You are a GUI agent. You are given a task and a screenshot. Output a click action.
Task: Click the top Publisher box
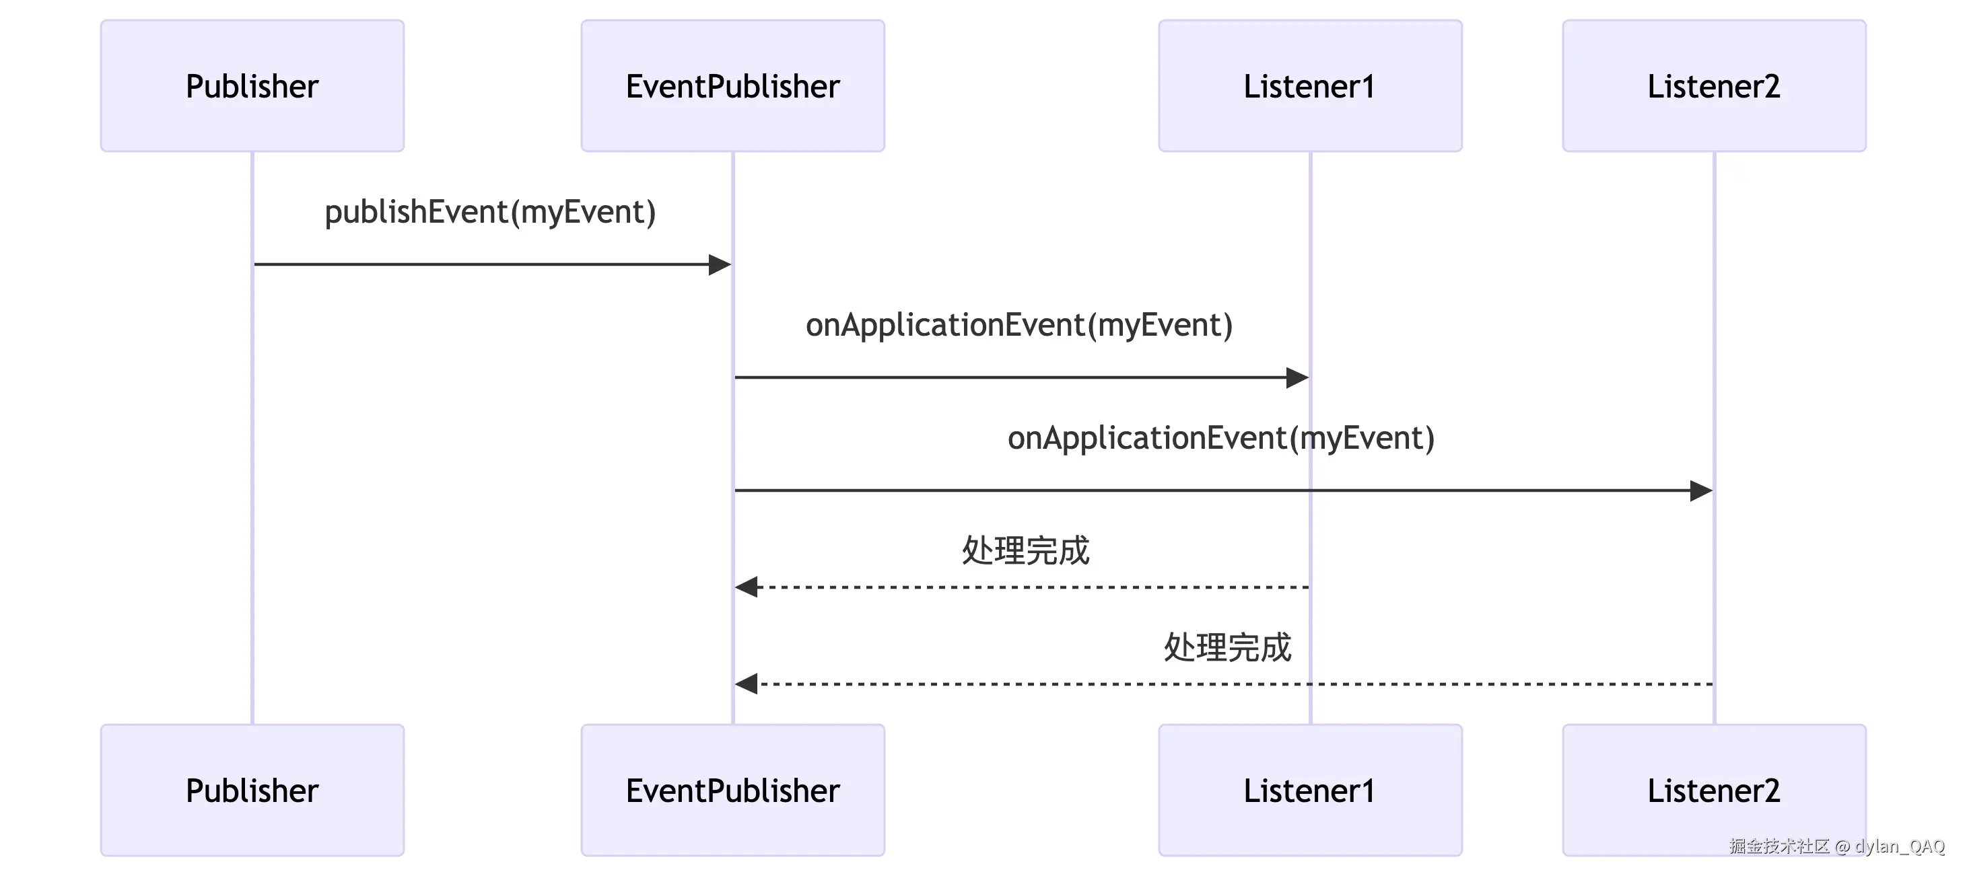pos(252,85)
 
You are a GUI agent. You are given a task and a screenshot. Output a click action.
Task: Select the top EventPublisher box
pos(732,85)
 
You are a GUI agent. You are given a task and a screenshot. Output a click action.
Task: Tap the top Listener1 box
pos(1309,85)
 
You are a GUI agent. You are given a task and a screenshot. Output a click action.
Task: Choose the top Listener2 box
pos(1713,85)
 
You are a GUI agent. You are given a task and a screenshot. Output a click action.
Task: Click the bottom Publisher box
pos(252,789)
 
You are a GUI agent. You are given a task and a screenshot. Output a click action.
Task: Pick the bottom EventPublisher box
pos(732,789)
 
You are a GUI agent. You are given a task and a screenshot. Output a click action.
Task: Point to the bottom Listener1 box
pos(1309,789)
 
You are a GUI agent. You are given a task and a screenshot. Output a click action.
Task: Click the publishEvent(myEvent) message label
pos(490,211)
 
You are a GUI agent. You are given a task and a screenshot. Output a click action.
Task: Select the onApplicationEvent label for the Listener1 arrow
pos(1019,324)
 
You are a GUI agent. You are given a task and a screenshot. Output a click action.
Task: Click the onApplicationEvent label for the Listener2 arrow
pos(1220,437)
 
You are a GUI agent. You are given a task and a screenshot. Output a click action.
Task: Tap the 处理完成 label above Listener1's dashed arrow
pos(1025,550)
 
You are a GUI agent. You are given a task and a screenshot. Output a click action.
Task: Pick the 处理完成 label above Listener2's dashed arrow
pos(1227,647)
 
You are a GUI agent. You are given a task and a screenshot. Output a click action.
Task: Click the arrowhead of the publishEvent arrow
pos(720,264)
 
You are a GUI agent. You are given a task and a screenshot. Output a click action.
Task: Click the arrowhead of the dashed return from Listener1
pos(747,587)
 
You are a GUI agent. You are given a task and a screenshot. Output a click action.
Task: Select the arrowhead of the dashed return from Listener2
pos(747,684)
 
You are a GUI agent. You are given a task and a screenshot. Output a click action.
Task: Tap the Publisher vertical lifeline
pos(252,458)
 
